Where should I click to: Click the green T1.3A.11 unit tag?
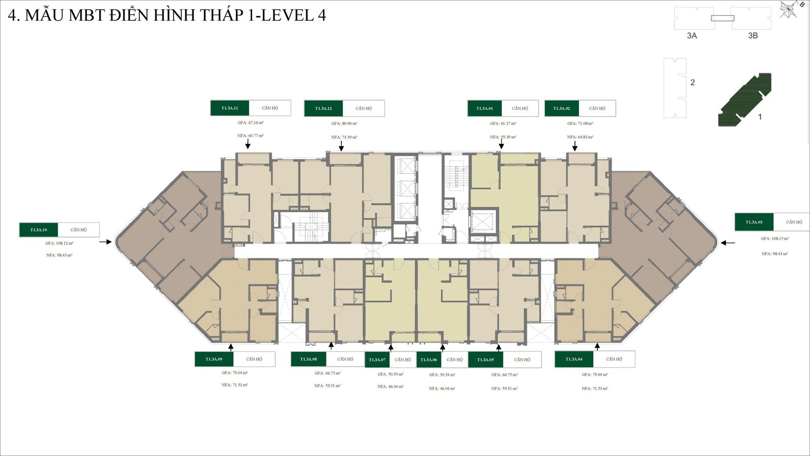[229, 108]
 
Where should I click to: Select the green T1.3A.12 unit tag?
[323, 108]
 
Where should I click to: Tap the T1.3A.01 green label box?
[484, 108]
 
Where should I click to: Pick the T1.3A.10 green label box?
[38, 230]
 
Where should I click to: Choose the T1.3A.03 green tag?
[754, 222]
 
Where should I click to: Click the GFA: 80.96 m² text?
[344, 123]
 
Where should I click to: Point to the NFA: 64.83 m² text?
[580, 137]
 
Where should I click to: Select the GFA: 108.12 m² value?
[59, 243]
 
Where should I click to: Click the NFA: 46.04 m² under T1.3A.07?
[390, 387]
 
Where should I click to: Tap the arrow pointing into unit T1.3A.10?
[106, 242]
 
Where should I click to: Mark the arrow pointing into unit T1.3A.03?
[728, 243]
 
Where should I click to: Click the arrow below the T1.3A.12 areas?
[341, 146]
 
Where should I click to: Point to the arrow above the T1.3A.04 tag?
[597, 347]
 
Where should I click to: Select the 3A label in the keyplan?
[692, 35]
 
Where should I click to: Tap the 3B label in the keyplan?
[753, 35]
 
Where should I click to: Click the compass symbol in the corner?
[789, 9]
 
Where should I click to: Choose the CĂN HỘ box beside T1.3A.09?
[254, 359]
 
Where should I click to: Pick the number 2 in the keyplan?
[693, 83]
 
